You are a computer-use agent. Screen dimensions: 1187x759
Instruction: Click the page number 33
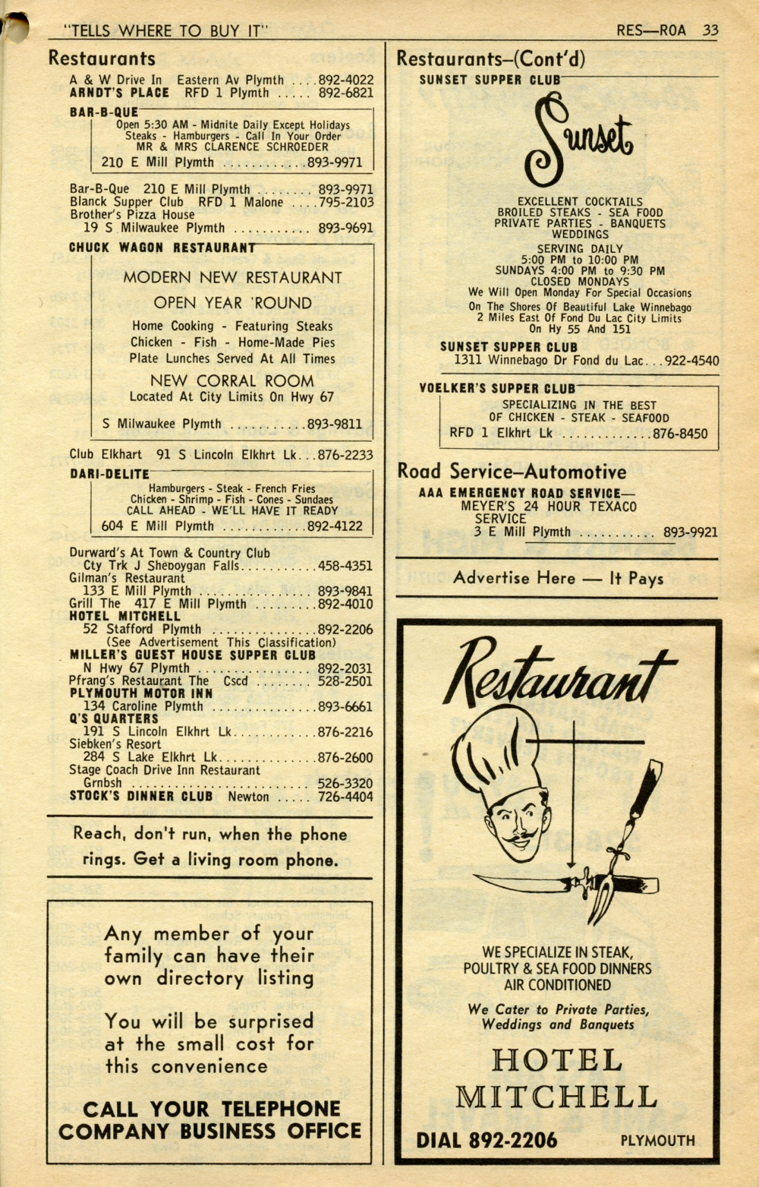[x=710, y=30]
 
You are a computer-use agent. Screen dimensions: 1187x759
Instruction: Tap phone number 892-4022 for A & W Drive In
[x=346, y=80]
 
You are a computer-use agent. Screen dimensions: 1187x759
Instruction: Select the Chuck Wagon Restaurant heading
[x=162, y=248]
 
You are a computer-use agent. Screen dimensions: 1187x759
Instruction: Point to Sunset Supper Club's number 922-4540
[x=691, y=361]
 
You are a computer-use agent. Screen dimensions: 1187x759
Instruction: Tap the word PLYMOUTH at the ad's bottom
[x=657, y=1141]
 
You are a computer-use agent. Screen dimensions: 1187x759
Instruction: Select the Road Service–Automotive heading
[x=512, y=472]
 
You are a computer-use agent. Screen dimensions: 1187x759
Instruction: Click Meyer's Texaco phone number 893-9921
[x=690, y=532]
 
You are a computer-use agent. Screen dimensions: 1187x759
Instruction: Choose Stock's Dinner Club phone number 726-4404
[x=345, y=797]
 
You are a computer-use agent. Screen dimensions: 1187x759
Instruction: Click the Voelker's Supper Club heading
[x=496, y=388]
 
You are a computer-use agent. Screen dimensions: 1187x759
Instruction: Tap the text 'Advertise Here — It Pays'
[x=558, y=578]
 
